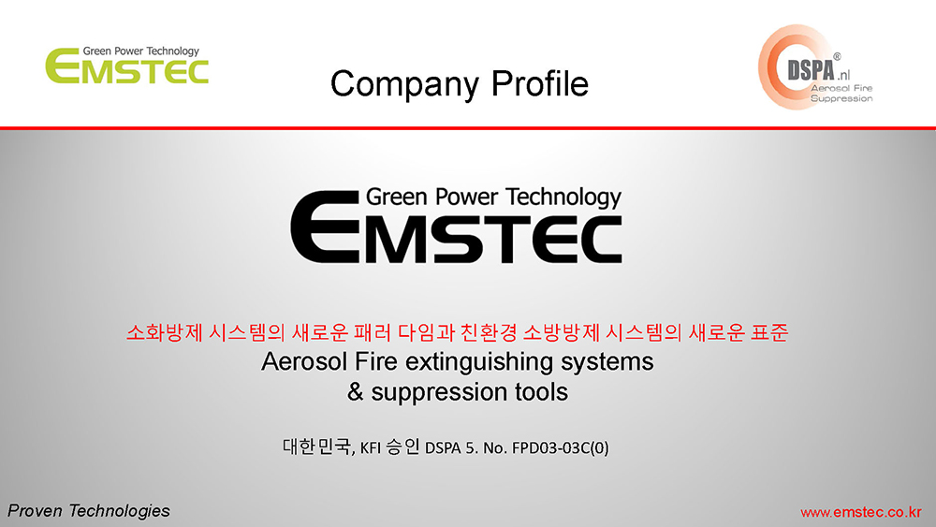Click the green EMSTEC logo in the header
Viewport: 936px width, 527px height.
(127, 65)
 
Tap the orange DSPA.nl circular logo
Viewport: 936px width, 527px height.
(815, 66)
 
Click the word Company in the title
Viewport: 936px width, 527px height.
(404, 84)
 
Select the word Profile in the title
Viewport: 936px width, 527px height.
(540, 83)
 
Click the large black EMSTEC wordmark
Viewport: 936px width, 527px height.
(456, 227)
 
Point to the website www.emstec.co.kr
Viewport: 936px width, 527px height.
(861, 512)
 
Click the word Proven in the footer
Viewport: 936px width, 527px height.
(35, 511)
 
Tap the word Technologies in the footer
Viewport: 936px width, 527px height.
(119, 511)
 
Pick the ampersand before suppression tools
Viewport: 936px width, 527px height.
(355, 392)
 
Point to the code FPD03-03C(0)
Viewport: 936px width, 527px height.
(560, 447)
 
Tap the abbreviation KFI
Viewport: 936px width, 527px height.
(370, 447)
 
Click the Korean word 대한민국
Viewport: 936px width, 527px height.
(317, 446)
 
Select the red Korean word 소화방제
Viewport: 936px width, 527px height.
(164, 332)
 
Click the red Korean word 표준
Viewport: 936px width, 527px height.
(768, 332)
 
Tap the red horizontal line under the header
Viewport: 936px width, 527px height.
(468, 127)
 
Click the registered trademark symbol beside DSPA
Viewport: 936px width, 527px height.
(837, 57)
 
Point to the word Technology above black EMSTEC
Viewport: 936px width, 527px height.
(563, 198)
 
